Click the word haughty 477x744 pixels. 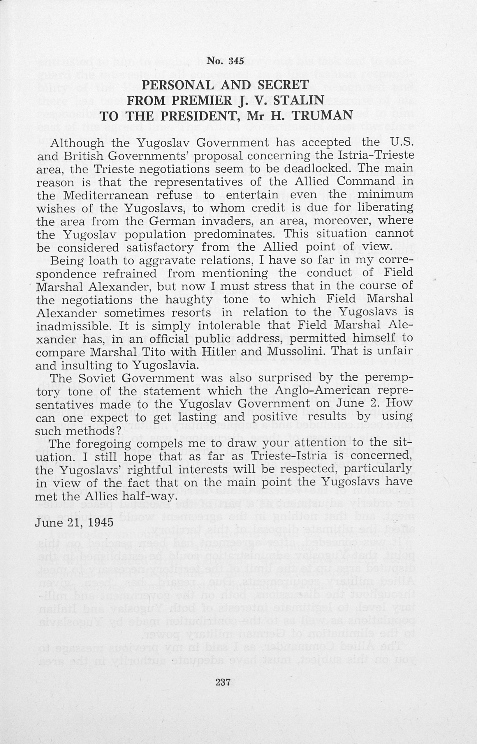[189, 299]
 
